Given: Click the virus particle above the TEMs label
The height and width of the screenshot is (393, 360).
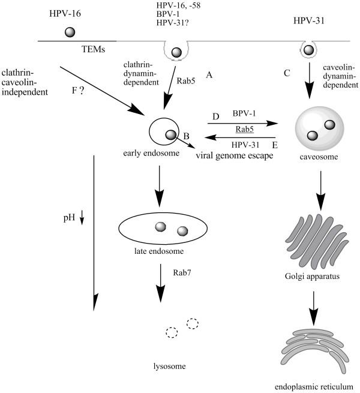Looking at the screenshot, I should (70, 32).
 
